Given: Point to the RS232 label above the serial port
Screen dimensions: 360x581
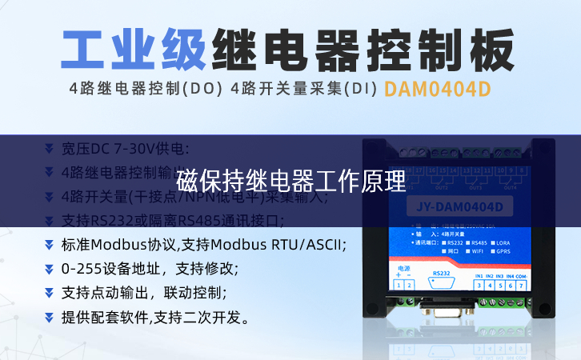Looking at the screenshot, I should pyautogui.click(x=441, y=273).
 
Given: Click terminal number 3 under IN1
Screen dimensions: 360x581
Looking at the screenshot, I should pyautogui.click(x=479, y=286).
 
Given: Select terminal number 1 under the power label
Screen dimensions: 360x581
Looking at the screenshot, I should pyautogui.click(x=399, y=286).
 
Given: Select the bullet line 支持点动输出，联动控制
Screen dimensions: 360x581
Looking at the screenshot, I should pyautogui.click(x=144, y=293).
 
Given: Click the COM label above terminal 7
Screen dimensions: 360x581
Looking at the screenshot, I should pyautogui.click(x=521, y=276).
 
